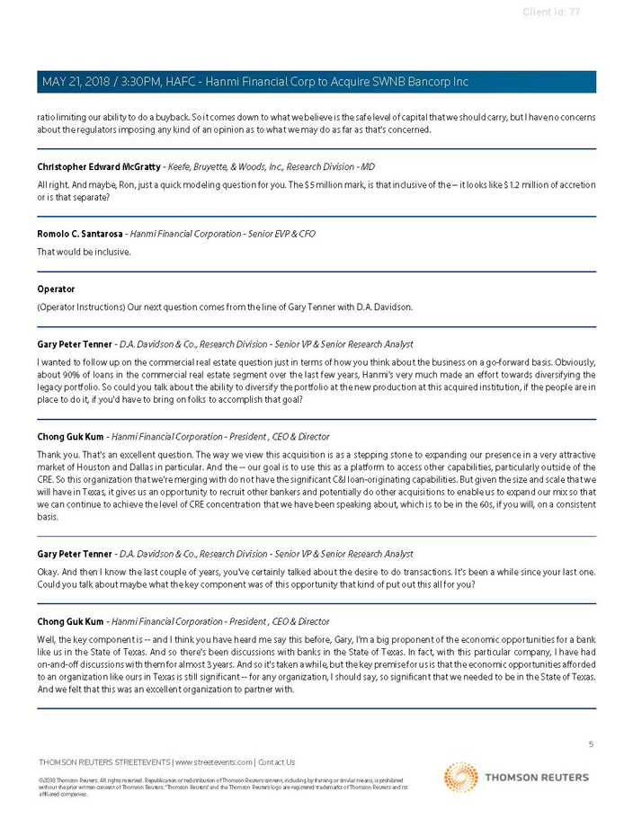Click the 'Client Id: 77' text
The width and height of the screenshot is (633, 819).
coord(550,12)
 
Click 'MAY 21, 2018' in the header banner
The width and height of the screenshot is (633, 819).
coord(75,82)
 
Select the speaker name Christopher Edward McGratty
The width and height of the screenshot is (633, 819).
coord(98,167)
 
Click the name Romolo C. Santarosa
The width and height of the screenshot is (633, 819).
coord(79,234)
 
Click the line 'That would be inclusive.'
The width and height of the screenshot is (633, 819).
coord(84,252)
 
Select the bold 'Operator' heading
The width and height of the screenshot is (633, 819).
coord(56,289)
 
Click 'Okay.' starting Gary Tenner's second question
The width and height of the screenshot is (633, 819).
coord(49,572)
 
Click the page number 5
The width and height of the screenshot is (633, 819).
coord(591,744)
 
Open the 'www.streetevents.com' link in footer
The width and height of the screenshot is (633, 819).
coord(213,762)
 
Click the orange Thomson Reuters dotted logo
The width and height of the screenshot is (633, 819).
coord(460,778)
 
